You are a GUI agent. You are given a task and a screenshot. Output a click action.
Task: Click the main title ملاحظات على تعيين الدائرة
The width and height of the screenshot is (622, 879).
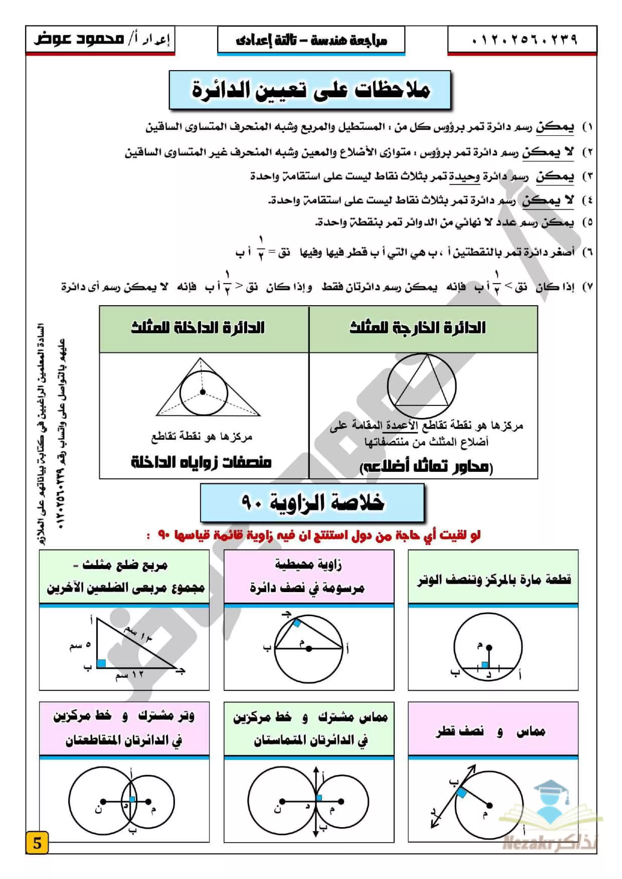(310, 90)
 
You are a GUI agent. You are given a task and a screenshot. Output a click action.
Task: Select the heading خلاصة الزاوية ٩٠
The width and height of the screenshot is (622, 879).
(312, 502)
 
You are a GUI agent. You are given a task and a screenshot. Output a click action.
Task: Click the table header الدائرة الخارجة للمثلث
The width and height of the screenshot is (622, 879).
(417, 328)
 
